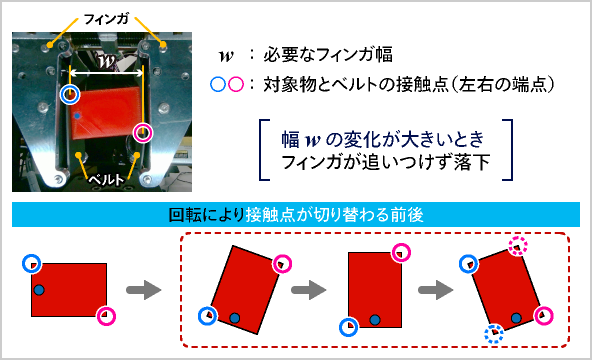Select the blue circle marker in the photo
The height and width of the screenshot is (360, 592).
[x=69, y=95]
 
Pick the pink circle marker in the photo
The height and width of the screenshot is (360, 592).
[x=142, y=132]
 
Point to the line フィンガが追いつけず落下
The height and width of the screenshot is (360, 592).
[x=385, y=161]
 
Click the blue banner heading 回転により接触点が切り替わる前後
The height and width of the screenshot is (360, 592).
[x=296, y=214]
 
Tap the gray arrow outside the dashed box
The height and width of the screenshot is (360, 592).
[x=146, y=290]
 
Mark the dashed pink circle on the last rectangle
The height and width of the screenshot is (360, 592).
[x=516, y=246]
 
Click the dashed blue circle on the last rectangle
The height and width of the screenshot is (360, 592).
[x=493, y=333]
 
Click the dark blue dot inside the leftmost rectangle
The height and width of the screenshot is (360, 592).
[x=39, y=289]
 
